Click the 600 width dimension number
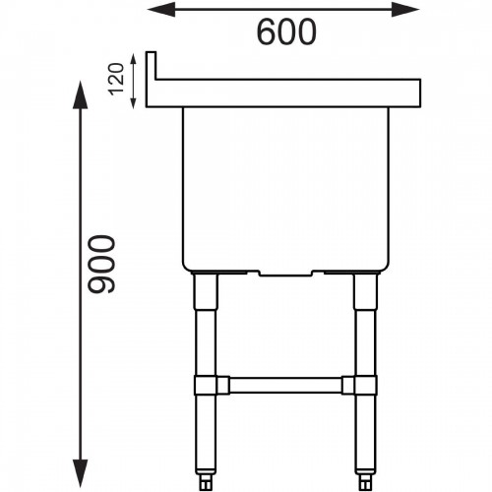(286, 32)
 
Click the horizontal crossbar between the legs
(285, 383)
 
